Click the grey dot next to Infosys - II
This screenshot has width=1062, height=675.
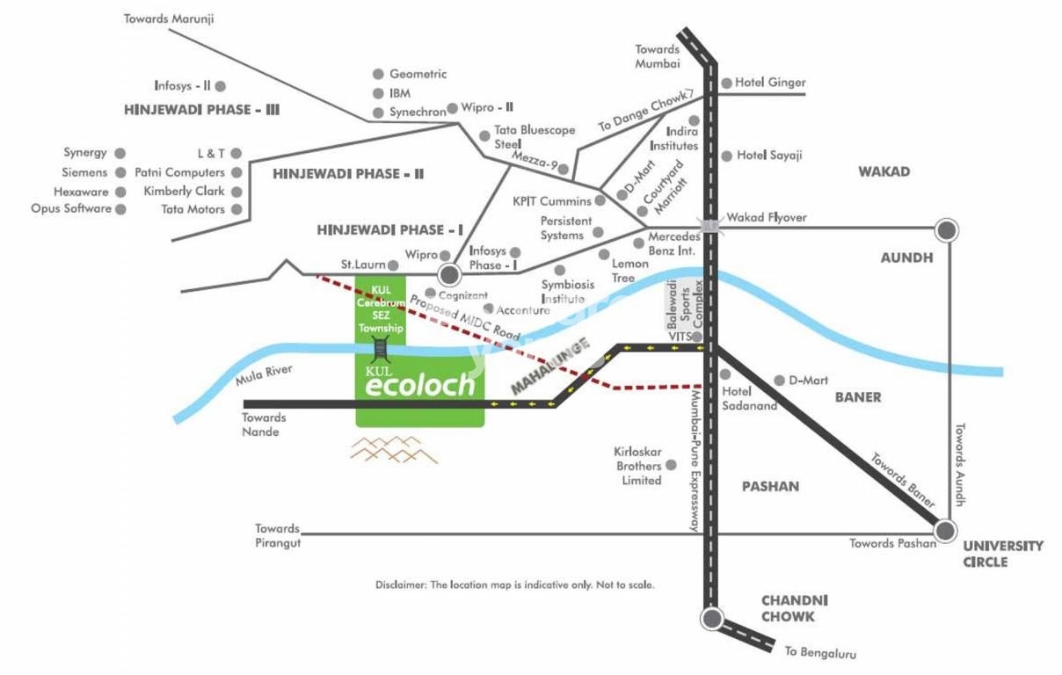click(221, 86)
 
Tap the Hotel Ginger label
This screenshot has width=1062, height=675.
click(770, 83)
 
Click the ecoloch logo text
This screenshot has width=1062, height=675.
click(420, 386)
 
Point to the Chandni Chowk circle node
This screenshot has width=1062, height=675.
click(711, 617)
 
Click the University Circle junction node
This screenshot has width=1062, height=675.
click(946, 531)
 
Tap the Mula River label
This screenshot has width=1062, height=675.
click(264, 376)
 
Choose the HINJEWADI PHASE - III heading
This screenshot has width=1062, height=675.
click(202, 111)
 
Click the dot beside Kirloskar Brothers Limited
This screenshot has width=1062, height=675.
click(672, 464)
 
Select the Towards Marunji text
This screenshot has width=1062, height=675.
click(169, 18)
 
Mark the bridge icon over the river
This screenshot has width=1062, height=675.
click(380, 349)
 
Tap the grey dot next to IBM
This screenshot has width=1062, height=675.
click(379, 93)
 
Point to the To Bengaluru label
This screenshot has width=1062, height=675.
click(820, 652)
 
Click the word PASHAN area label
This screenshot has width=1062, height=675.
click(770, 486)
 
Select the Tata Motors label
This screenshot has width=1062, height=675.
click(193, 209)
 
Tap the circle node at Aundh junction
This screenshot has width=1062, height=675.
click(946, 230)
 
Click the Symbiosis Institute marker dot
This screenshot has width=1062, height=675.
click(559, 270)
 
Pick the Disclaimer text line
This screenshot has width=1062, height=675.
click(514, 584)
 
